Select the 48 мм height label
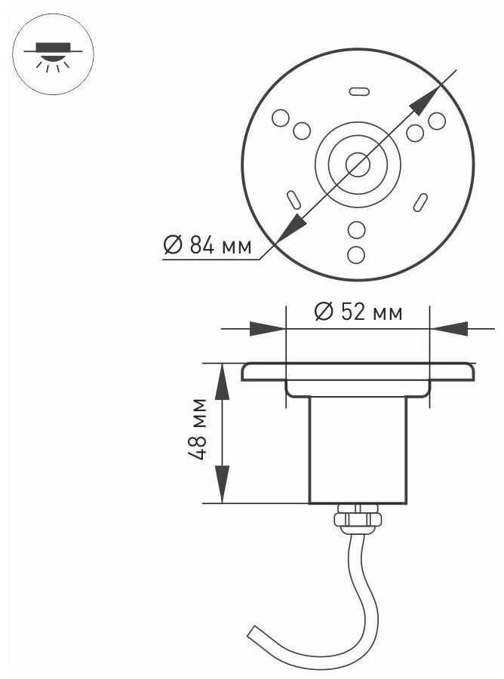tap(197, 429)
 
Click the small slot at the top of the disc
tap(357, 91)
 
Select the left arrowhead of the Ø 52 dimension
tap(270, 329)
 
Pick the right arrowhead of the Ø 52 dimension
tap(447, 329)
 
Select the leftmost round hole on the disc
tap(280, 118)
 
